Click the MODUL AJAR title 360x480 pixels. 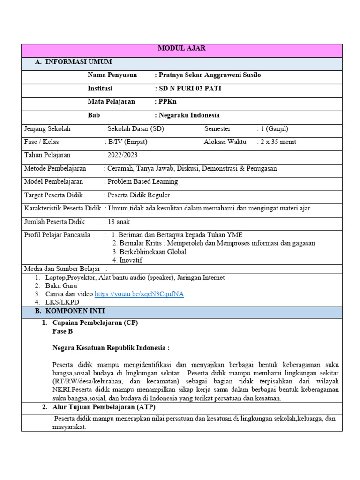(x=182, y=49)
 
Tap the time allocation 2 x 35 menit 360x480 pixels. (x=278, y=142)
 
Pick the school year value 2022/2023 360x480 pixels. (x=122, y=155)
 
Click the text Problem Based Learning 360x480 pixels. (x=142, y=181)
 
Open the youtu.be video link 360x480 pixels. (x=139, y=294)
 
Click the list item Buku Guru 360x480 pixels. (x=61, y=285)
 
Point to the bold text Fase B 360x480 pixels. (x=63, y=331)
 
